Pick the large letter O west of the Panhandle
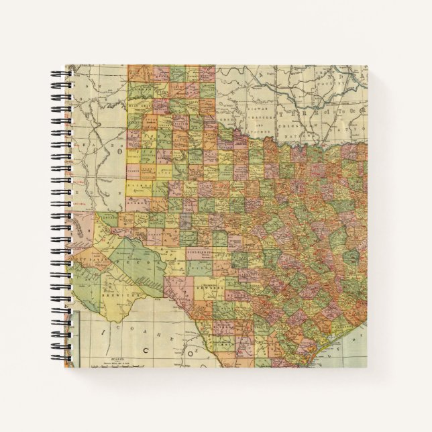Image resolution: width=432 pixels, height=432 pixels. (122, 153)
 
